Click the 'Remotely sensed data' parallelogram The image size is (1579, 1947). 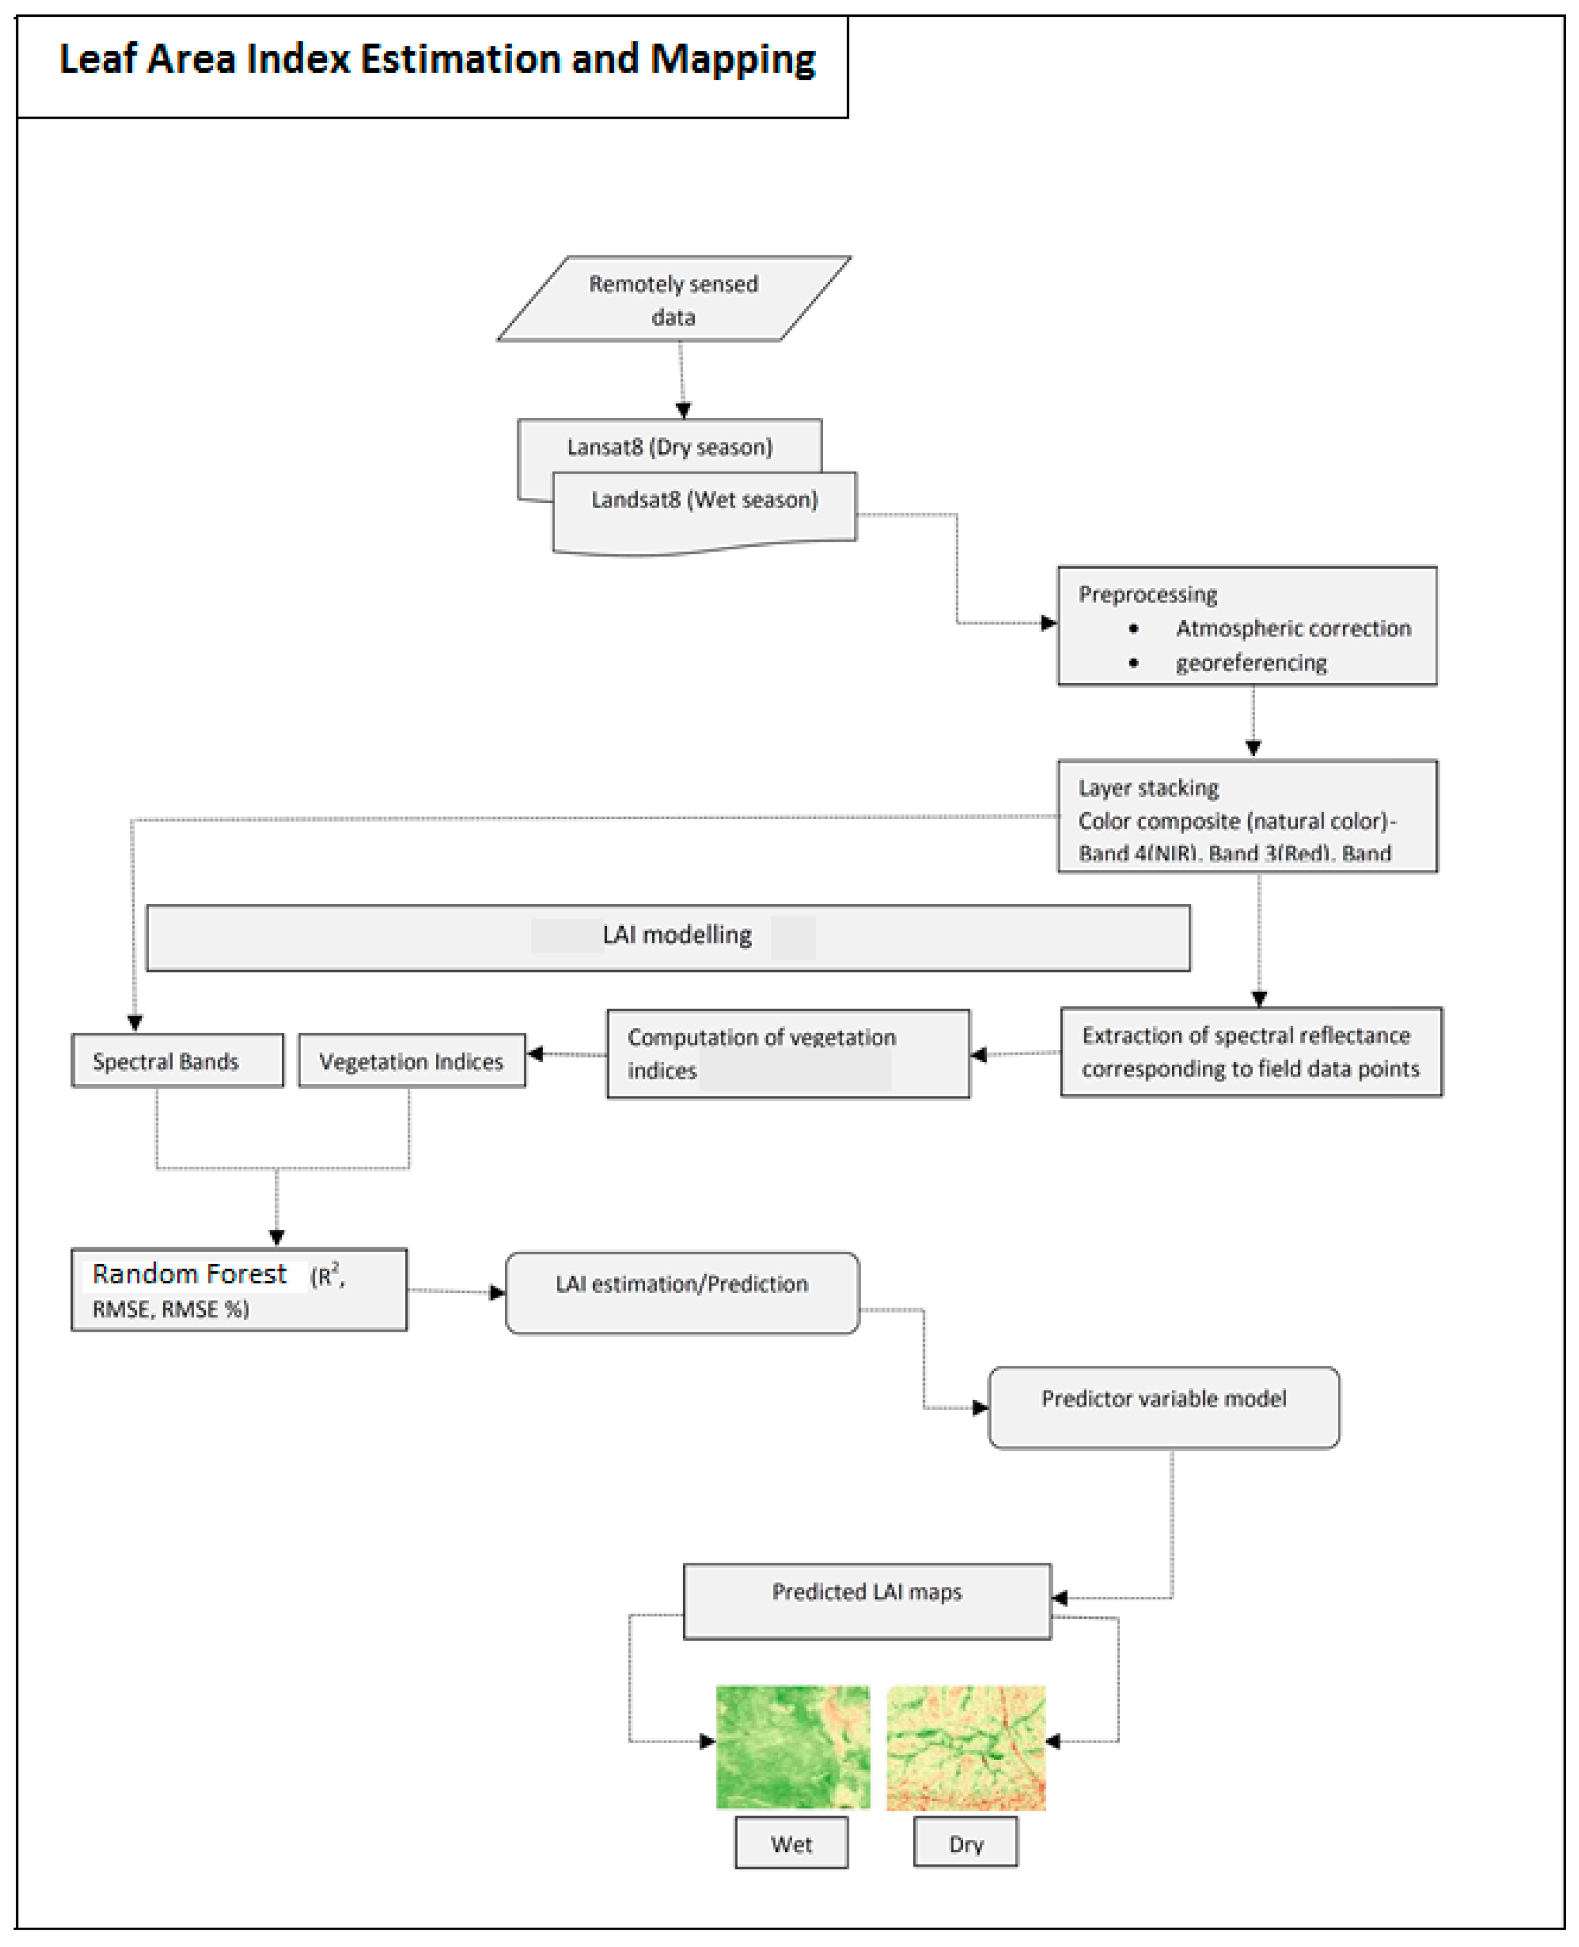tap(674, 299)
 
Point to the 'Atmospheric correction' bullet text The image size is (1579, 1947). tap(1293, 628)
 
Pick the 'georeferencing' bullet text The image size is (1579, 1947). tap(1251, 663)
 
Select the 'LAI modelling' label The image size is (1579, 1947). tap(677, 936)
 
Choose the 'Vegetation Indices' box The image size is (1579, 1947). tap(411, 1062)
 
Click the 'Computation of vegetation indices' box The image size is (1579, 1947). tap(788, 1053)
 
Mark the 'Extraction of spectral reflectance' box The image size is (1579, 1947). tap(1251, 1051)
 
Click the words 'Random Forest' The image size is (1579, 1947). tap(189, 1274)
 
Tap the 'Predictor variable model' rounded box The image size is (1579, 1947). tap(1164, 1407)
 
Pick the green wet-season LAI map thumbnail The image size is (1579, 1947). tap(792, 1747)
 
